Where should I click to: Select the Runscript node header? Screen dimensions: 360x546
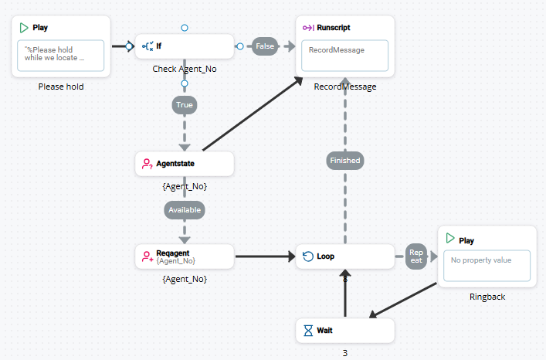333,28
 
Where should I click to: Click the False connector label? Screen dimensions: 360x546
265,46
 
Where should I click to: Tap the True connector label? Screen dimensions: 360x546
185,104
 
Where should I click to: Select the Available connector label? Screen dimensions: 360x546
185,209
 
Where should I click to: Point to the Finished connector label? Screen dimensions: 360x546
344,161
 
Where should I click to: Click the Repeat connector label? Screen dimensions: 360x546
416,256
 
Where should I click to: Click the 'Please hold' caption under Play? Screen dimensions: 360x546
61,87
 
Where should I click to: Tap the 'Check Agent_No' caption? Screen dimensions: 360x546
184,69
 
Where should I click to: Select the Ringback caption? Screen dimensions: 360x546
487,297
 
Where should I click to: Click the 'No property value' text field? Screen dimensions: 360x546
487,266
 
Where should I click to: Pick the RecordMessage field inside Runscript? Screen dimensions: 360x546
345,56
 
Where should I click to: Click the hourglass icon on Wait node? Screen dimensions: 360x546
306,331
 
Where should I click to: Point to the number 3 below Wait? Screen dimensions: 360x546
345,353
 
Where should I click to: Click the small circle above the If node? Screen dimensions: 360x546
185,28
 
